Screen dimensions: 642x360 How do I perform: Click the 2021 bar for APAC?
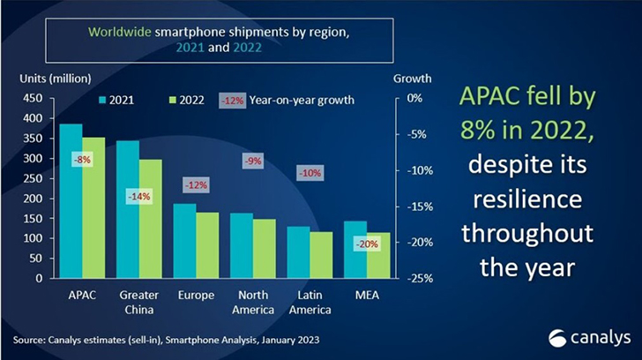point(71,201)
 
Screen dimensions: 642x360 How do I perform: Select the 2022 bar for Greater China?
point(151,219)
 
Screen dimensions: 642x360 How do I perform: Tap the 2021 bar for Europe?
point(184,241)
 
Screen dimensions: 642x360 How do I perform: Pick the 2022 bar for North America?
point(265,249)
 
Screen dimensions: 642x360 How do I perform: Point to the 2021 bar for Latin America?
point(298,252)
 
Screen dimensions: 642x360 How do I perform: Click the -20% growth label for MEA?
point(367,244)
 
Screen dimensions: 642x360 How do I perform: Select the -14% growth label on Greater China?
point(139,197)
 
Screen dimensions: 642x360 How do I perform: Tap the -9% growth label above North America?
point(253,161)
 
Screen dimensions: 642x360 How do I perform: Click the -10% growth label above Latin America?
point(310,173)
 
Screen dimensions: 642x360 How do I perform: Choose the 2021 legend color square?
point(102,101)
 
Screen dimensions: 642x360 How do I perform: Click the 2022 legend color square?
point(173,101)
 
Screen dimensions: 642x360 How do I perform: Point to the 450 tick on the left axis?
point(33,98)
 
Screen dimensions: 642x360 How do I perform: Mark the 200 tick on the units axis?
point(33,199)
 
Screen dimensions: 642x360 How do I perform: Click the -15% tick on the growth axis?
point(420,206)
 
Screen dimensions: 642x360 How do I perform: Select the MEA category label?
point(367,295)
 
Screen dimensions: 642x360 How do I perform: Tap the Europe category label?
point(196,296)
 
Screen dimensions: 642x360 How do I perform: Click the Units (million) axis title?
point(56,79)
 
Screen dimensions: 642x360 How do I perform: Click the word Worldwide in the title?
point(120,32)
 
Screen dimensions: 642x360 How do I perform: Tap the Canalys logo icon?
point(556,339)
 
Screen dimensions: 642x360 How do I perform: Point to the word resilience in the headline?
point(527,199)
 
